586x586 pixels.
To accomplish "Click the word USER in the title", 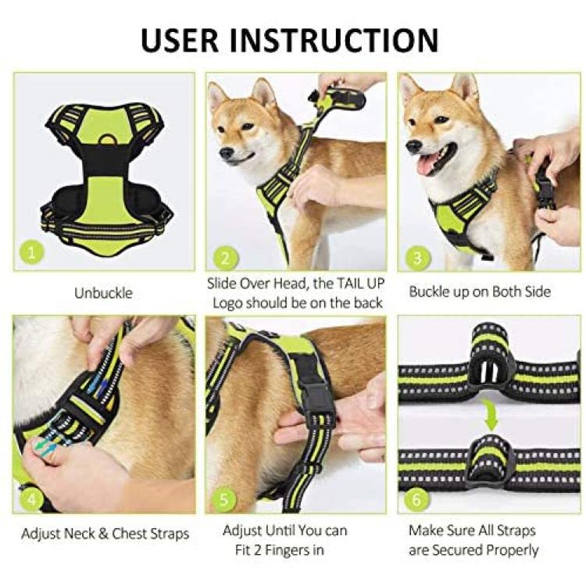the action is click(180, 40).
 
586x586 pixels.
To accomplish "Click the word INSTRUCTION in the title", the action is click(334, 40).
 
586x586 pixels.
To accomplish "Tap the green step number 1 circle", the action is click(32, 253).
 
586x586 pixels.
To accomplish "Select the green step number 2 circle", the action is click(225, 259).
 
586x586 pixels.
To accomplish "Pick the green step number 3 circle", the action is click(417, 259).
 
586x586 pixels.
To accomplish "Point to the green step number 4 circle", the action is click(32, 499).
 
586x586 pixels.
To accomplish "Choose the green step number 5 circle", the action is click(224, 500).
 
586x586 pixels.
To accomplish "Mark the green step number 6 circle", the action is click(416, 500).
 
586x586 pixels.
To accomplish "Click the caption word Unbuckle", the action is click(103, 293).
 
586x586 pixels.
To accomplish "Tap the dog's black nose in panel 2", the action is click(227, 152).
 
